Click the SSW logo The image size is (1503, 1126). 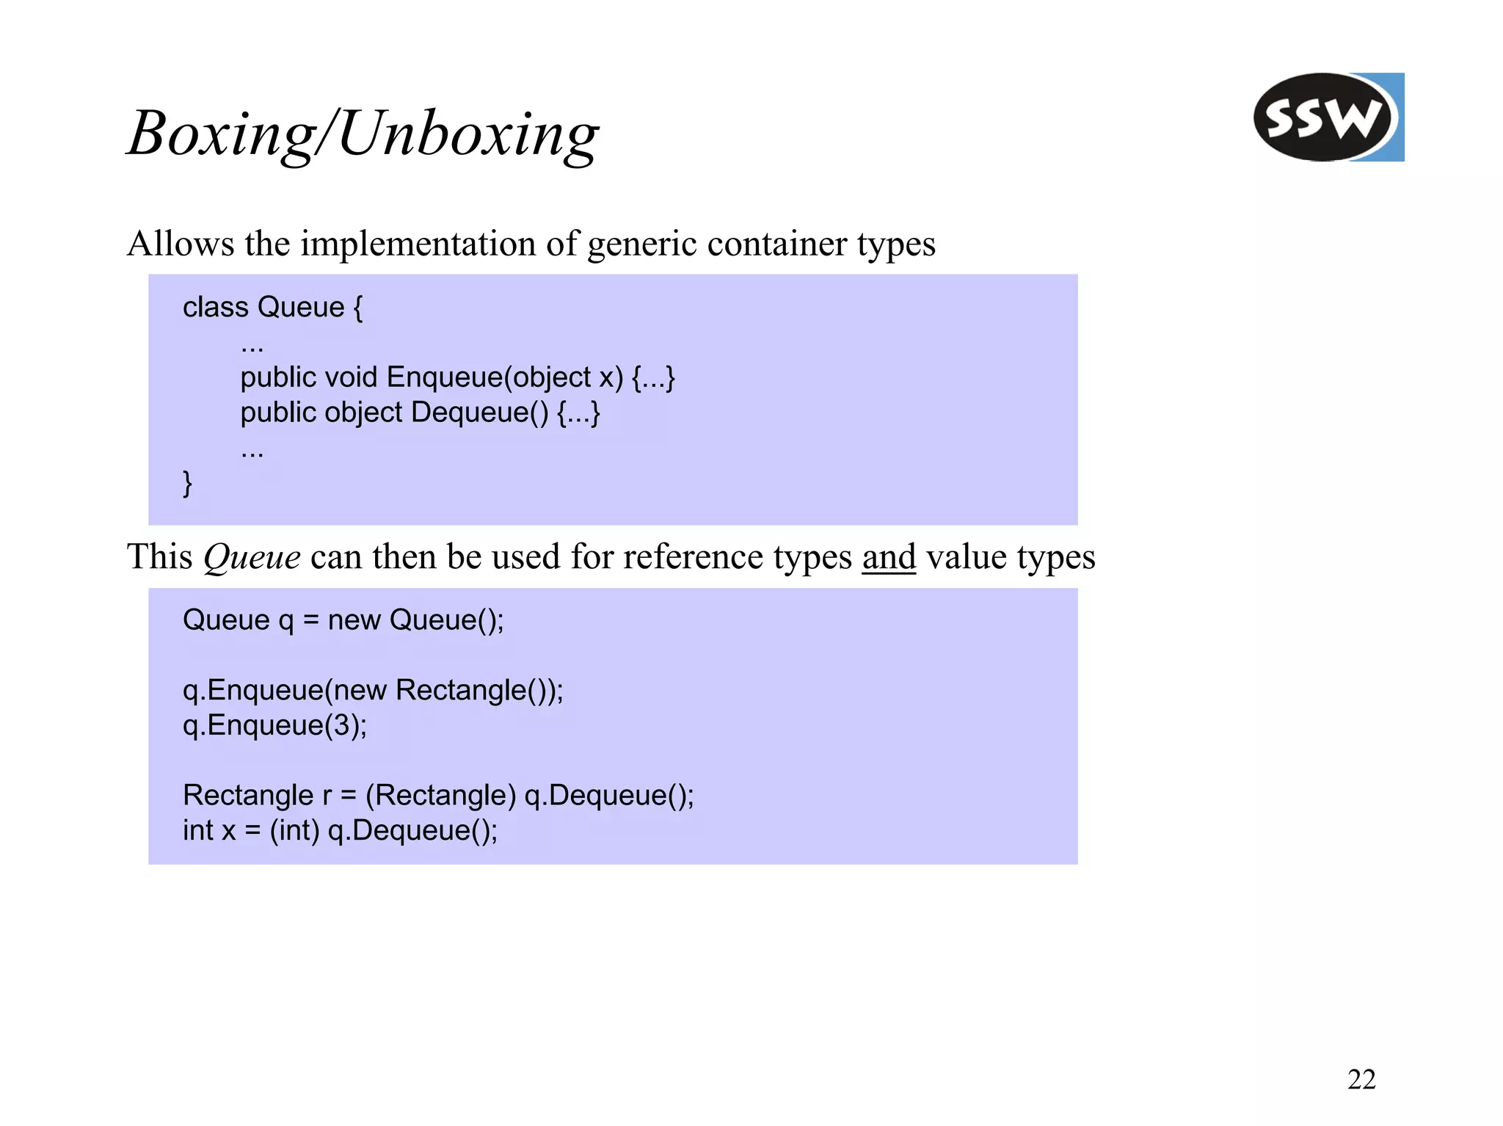[1327, 117]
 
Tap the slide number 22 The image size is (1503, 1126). [1361, 1079]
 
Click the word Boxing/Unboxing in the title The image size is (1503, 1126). [363, 134]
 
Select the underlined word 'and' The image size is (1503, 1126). [888, 556]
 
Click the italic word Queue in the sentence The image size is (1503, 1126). [252, 558]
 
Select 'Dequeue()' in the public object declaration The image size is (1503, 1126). [480, 413]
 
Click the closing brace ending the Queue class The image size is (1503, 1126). [188, 483]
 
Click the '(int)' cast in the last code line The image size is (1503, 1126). [294, 830]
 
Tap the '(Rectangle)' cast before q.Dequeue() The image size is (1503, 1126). [441, 795]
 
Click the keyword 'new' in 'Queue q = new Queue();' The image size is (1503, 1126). [354, 620]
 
